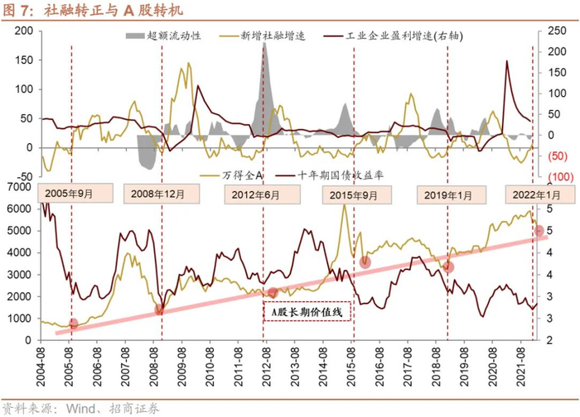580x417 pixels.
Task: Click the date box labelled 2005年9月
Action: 70,193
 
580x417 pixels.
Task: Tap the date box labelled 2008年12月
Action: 161,193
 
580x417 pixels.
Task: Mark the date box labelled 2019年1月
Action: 448,193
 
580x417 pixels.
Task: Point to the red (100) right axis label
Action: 549,177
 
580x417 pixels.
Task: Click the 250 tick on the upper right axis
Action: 548,31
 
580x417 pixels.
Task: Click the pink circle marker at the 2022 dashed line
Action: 539,231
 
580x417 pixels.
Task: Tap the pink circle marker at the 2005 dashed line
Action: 73,324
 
